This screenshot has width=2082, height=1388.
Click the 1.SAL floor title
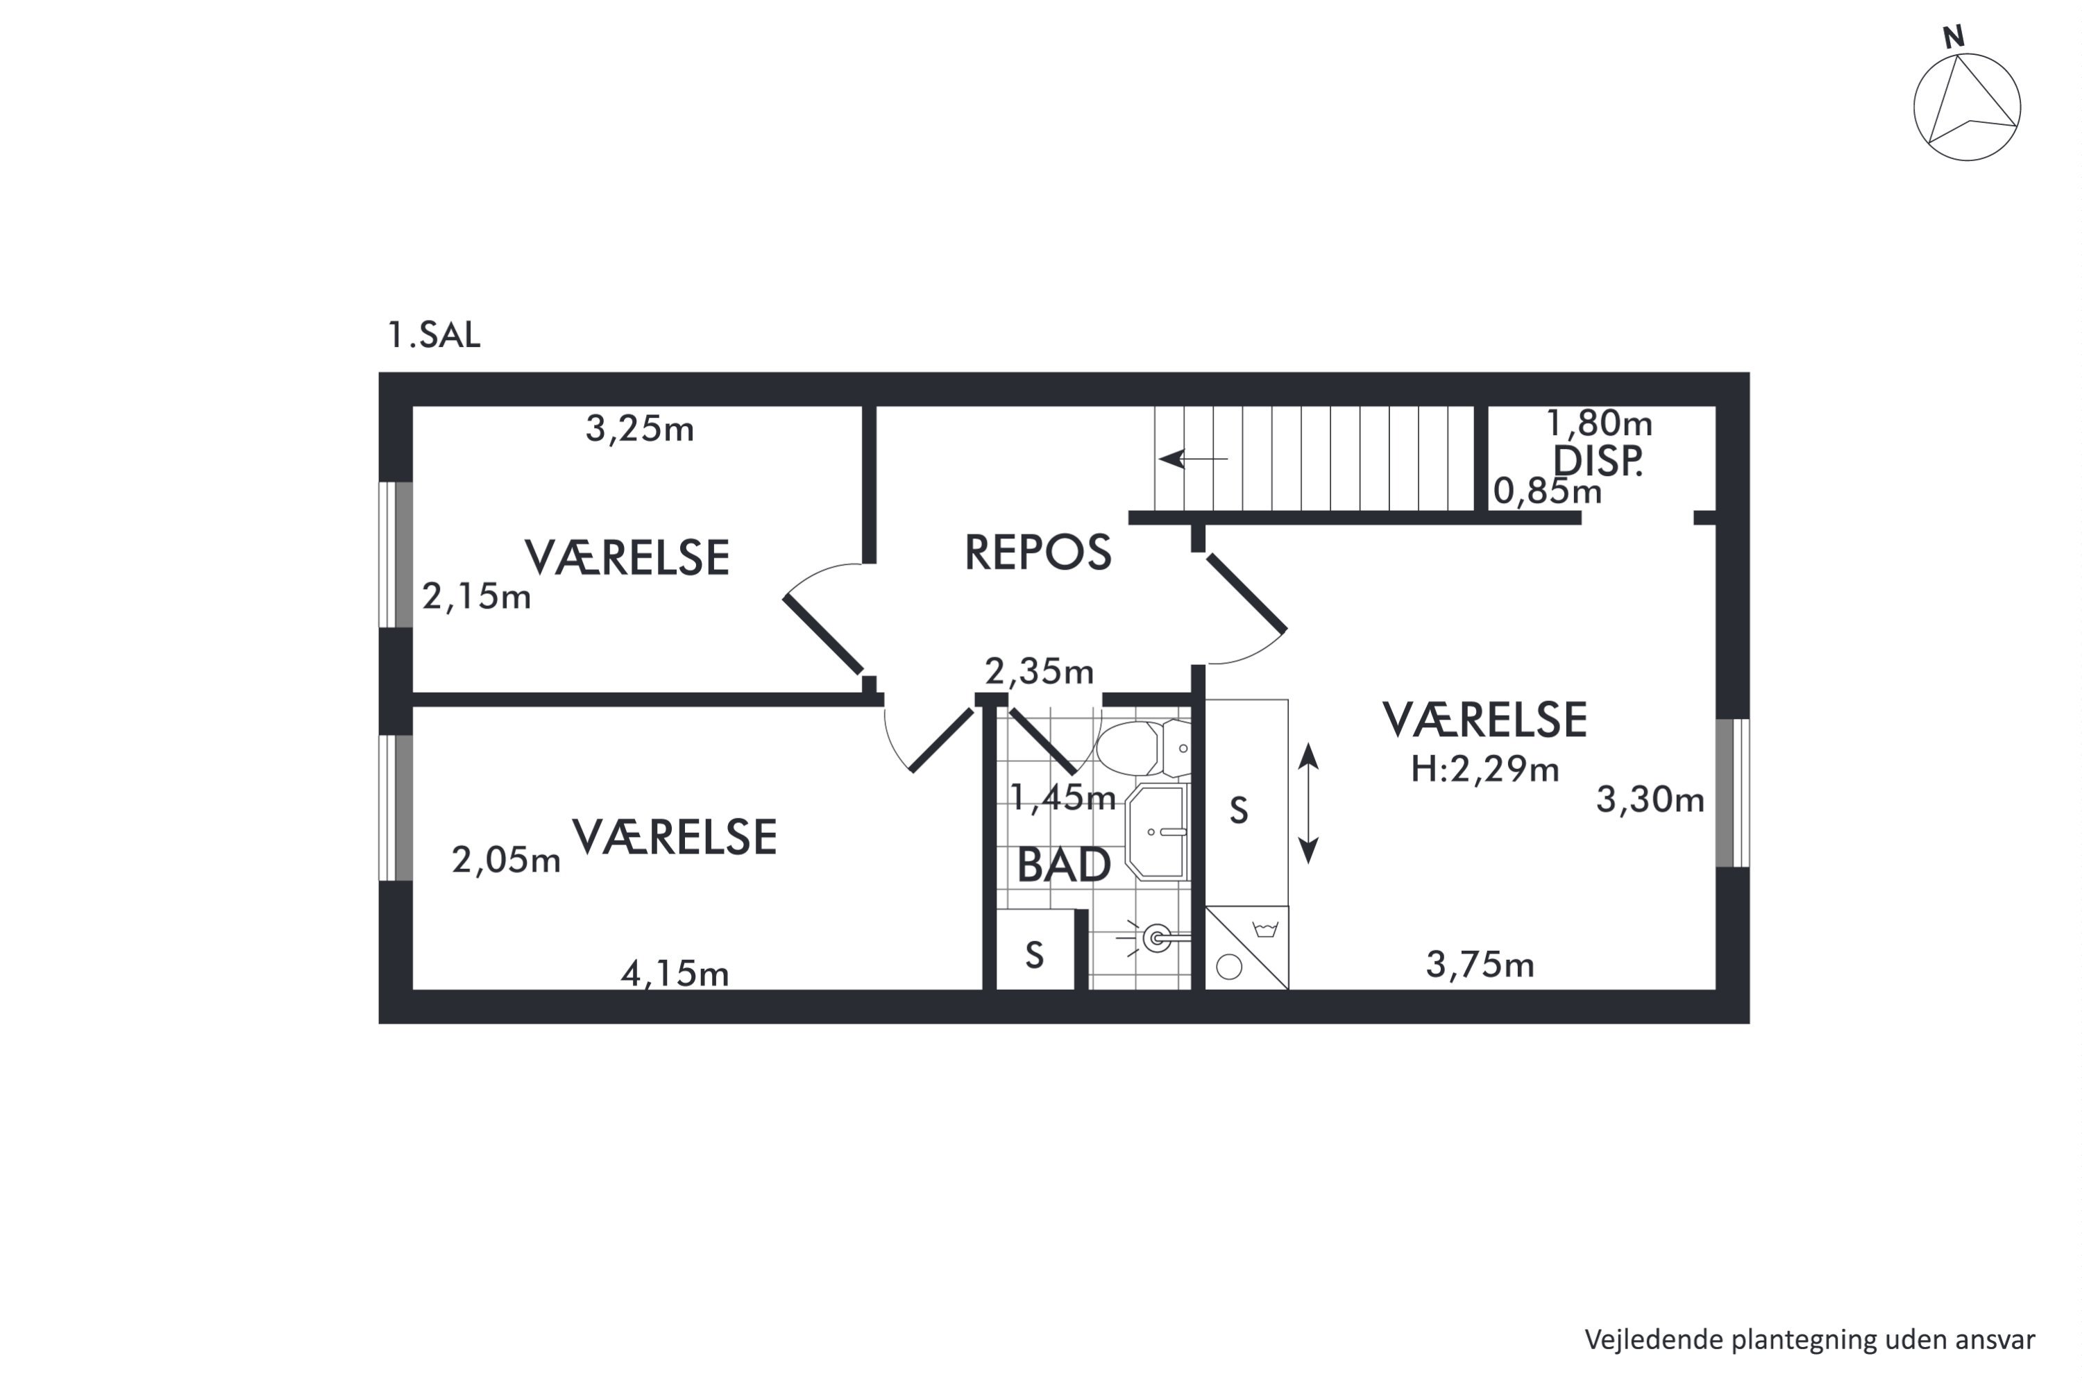(434, 335)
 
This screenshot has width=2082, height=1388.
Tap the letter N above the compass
(1954, 36)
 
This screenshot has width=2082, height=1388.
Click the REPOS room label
(1038, 552)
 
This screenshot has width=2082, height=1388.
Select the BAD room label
(1063, 865)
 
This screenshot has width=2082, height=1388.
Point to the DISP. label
(1598, 462)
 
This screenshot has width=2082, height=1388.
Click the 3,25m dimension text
(639, 430)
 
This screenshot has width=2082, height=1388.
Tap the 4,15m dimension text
(675, 974)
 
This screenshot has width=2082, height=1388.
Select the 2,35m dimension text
(1039, 672)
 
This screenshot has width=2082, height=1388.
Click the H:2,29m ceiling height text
(1484, 769)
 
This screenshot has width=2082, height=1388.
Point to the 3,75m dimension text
(1480, 965)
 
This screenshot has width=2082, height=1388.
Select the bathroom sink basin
(1157, 832)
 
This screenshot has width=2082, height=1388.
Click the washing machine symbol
(1246, 947)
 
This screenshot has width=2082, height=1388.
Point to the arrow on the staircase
(1193, 459)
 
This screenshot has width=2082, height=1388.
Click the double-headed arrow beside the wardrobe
(1308, 804)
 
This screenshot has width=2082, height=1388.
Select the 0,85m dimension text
(1548, 491)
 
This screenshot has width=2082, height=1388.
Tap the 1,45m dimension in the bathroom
(1063, 799)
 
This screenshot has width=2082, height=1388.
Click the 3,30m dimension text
(1650, 800)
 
